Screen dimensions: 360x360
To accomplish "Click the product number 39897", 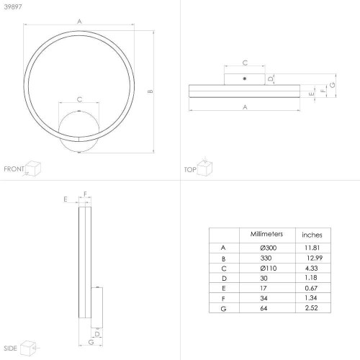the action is [13, 6].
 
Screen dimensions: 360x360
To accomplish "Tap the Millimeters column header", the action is [266, 234].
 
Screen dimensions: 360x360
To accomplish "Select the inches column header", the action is [312, 235].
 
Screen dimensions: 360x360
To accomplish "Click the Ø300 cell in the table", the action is [269, 248].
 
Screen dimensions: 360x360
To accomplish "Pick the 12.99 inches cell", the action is [315, 258].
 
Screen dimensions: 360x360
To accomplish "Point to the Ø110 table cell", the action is [269, 268].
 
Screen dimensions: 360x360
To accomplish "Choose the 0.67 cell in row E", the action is [311, 288].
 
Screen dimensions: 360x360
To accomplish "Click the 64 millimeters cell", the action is [264, 308].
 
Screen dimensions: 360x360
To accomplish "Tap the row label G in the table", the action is [223, 309].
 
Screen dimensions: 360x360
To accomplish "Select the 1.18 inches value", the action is [311, 278].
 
